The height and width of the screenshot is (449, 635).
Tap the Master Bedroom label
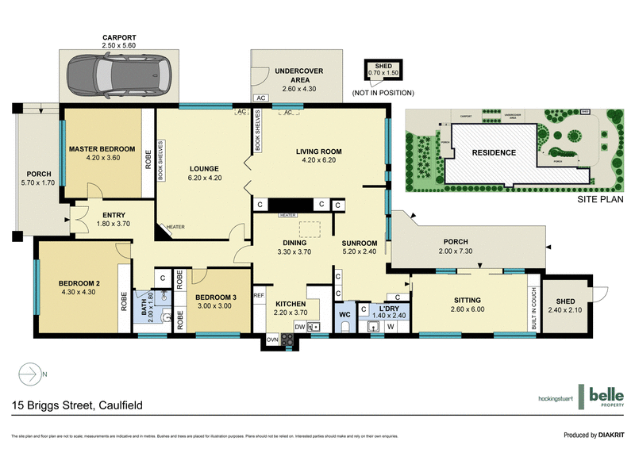click(x=102, y=149)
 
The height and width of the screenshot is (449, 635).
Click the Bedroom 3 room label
click(x=217, y=298)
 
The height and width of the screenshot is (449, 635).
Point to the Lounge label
click(x=204, y=168)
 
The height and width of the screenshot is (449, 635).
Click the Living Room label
click(x=318, y=152)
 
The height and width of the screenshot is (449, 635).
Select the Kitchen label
click(x=291, y=304)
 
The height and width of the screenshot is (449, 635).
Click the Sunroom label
click(x=359, y=244)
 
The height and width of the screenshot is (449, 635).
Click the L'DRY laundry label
click(x=388, y=308)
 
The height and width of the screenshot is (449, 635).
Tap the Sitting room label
click(x=468, y=300)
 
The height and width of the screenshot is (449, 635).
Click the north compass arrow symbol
click(x=29, y=372)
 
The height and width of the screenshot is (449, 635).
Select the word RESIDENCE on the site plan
click(x=494, y=152)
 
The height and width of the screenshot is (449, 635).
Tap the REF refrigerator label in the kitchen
click(x=259, y=295)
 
